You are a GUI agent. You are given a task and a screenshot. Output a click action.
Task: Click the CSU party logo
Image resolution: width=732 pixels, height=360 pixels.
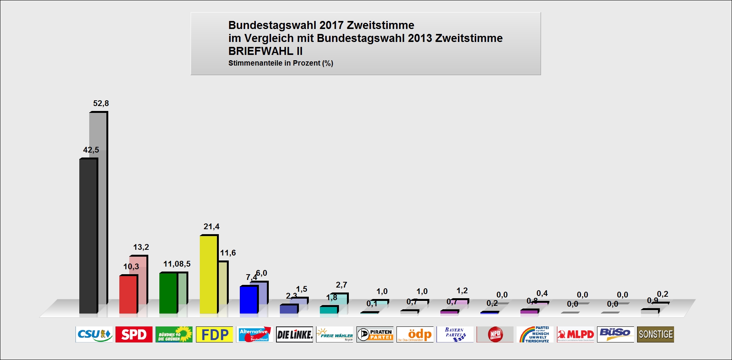94,334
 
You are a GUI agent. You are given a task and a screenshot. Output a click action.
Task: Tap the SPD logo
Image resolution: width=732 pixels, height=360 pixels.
134,334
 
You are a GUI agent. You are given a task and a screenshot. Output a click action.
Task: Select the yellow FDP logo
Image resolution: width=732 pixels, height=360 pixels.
214,334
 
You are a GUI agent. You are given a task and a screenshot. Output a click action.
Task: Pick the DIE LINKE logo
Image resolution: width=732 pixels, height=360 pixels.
294,334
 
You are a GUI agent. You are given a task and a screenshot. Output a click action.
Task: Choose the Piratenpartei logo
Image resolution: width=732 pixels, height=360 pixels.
375,334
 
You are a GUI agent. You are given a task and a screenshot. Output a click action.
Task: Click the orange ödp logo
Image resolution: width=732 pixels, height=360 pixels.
415,334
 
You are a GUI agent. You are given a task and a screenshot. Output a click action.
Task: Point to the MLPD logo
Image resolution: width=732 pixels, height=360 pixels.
575,334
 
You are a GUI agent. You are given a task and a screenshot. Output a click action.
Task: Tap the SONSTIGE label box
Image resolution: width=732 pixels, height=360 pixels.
655,334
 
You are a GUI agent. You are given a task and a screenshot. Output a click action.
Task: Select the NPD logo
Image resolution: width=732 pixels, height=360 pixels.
495,334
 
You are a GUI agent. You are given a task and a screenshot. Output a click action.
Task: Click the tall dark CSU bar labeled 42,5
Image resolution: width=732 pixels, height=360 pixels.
88,236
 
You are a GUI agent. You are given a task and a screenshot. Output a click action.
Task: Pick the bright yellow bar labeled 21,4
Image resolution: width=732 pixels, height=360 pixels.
209,275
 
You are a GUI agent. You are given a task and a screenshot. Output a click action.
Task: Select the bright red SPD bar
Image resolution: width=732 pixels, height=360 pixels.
128,294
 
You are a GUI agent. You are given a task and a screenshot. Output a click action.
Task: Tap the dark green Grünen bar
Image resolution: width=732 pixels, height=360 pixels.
168,293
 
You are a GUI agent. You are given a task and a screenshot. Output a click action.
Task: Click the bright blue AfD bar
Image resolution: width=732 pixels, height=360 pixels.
249,300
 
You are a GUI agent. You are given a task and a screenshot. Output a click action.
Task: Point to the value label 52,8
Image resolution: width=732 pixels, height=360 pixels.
101,103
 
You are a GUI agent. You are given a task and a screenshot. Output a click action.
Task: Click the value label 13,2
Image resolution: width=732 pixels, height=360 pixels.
141,247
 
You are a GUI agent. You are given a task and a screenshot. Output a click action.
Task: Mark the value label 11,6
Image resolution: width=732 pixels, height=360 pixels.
228,253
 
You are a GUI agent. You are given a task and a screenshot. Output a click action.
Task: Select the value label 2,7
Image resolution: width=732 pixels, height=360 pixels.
342,285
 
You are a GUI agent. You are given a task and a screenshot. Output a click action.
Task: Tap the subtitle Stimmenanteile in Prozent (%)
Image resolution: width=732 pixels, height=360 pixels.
281,63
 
